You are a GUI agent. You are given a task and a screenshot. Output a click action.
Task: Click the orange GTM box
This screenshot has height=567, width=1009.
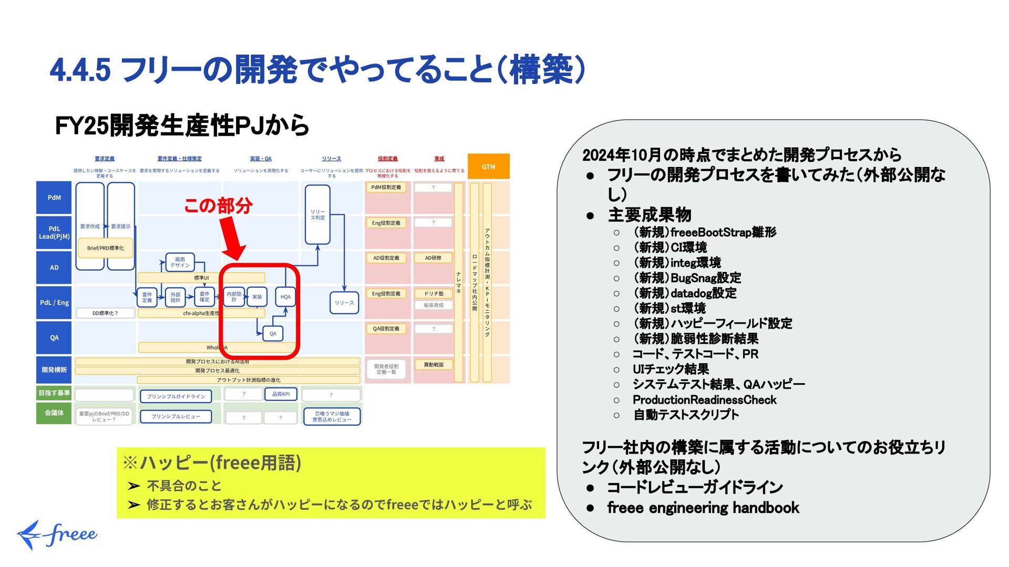pos(488,166)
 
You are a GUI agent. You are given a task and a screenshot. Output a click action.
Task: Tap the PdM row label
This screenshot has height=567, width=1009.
pos(54,197)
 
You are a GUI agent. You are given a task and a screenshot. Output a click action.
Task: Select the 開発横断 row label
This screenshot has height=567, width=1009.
pos(54,370)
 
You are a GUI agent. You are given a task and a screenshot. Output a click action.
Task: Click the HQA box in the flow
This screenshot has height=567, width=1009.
pos(285,297)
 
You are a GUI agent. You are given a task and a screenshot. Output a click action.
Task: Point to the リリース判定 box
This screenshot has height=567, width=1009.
pos(317,215)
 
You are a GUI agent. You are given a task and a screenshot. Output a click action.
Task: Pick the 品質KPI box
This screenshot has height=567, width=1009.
pos(281,394)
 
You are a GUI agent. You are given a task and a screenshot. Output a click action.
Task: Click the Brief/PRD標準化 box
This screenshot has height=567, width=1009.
pos(106,248)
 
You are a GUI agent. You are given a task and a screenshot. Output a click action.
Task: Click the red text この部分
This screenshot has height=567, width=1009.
pos(218,205)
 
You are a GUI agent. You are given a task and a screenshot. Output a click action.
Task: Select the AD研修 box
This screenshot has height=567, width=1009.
pos(433,258)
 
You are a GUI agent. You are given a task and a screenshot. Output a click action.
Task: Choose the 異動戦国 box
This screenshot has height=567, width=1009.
pos(433,364)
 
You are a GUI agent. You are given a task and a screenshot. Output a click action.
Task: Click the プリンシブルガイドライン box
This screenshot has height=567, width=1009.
pos(176,396)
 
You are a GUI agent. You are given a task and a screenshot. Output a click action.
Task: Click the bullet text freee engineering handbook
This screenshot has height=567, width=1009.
pos(703,508)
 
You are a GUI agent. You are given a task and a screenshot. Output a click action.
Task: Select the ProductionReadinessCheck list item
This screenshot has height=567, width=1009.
pos(704,400)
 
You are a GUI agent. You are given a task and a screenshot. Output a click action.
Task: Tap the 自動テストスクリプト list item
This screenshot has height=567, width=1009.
pos(686,415)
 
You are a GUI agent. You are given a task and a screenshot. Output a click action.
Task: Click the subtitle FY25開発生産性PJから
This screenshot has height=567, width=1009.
pos(182,125)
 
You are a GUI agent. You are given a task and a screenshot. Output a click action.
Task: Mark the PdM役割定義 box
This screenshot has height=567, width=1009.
pos(386,187)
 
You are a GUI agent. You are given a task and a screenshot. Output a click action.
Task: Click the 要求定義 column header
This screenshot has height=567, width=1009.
pos(105,159)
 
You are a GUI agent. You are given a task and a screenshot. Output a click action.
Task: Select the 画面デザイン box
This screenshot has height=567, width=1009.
pos(180,262)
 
